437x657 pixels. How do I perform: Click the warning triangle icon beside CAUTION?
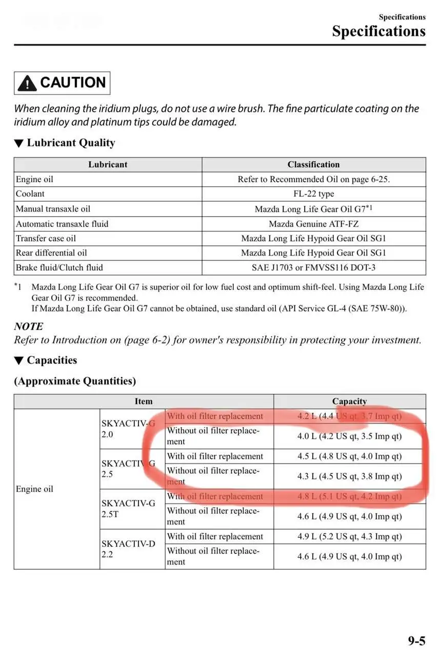(27, 83)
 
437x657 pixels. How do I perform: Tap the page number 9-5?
(416, 641)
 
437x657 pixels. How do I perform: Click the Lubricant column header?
(108, 165)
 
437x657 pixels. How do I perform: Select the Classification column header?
(313, 165)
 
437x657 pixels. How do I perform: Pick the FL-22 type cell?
(313, 194)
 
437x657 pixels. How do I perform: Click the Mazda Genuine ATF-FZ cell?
(313, 224)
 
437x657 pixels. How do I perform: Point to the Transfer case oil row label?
(46, 238)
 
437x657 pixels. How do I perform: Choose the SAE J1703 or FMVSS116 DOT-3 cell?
(313, 267)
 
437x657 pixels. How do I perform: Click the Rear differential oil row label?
(51, 253)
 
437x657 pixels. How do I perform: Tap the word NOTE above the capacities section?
(29, 326)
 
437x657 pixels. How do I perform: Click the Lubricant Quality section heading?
(70, 143)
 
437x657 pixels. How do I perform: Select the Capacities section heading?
(51, 360)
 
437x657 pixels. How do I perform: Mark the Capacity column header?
(349, 401)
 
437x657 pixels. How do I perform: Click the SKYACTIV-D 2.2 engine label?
(128, 549)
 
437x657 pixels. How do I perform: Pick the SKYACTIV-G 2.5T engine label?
(128, 509)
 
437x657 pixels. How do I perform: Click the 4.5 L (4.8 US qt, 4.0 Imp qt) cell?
(349, 456)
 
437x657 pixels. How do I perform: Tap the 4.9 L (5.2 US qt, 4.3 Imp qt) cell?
(349, 536)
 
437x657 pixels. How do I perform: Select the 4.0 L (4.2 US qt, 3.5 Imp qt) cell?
(349, 436)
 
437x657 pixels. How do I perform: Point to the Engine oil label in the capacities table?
(34, 489)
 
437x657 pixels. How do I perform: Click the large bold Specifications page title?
(379, 31)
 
